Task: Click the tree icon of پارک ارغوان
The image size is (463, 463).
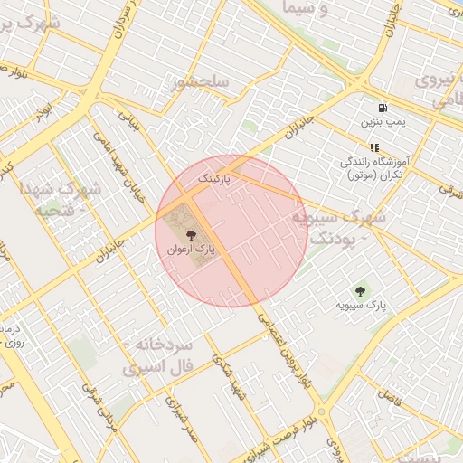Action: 201,234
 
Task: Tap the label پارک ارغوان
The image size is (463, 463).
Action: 201,250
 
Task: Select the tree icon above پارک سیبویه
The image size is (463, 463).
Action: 361,291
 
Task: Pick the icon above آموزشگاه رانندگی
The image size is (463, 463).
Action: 373,146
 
